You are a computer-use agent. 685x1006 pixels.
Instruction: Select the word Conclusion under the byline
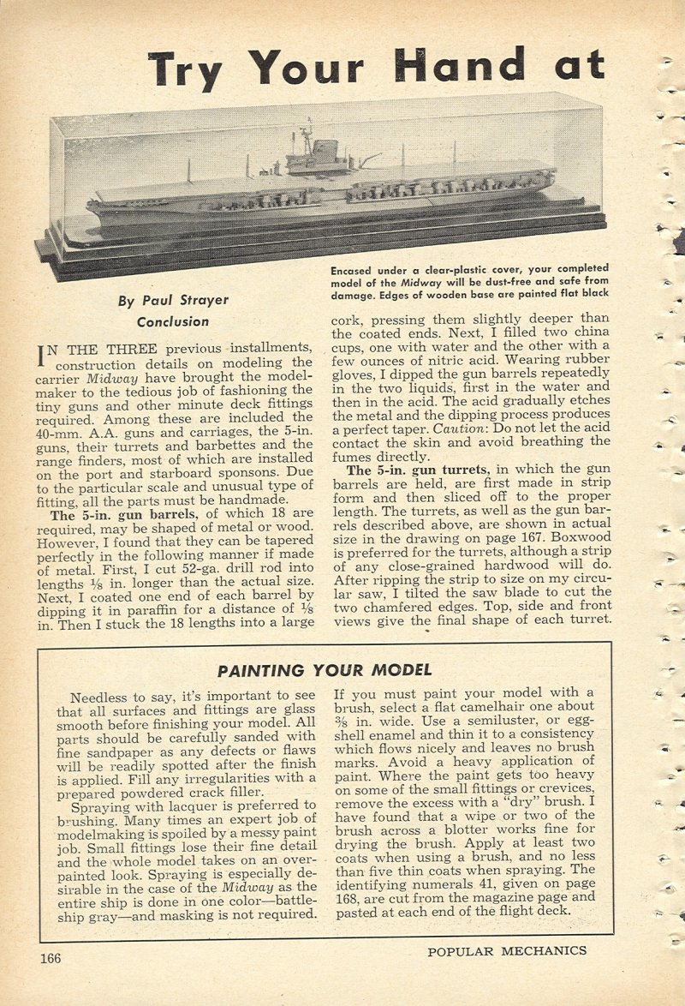coord(172,322)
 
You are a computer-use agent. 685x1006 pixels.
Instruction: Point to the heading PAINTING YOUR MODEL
coord(325,670)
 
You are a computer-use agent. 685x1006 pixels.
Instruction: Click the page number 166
coord(50,958)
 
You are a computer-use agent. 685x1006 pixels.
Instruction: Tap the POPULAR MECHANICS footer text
coord(507,950)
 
